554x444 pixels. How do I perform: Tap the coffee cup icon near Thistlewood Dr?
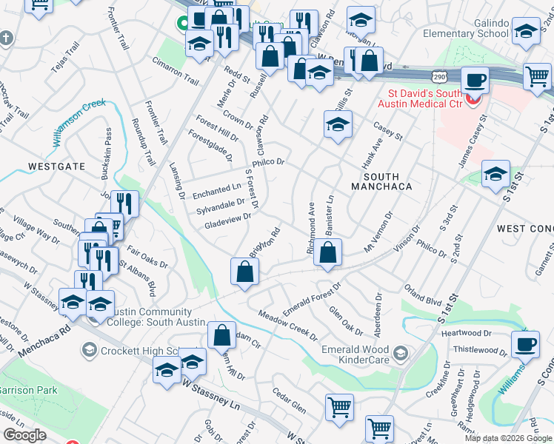coord(527,344)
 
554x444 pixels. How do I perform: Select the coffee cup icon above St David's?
coord(475,79)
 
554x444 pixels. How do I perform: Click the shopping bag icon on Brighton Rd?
coord(244,272)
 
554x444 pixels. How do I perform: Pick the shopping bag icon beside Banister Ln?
coord(327,252)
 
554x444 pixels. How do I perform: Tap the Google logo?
coord(24,435)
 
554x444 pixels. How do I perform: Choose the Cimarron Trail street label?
coord(176,71)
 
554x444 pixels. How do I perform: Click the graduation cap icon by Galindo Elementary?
coord(525,31)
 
